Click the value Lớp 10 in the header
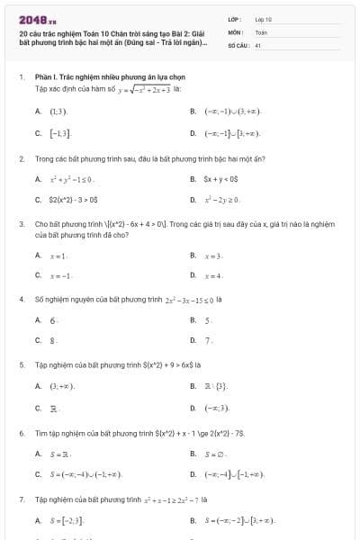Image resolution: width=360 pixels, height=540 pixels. (263, 18)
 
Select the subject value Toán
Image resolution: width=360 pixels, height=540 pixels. (261, 31)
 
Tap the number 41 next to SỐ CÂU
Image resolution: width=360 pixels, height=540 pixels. (258, 44)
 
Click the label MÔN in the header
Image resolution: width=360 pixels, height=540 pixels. (234, 31)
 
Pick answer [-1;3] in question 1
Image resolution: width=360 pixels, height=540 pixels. (59, 133)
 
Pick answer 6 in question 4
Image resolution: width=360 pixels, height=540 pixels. (54, 319)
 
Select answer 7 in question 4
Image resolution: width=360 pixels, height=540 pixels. (209, 341)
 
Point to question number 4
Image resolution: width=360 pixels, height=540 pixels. (21, 298)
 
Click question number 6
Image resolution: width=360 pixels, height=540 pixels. (21, 433)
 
